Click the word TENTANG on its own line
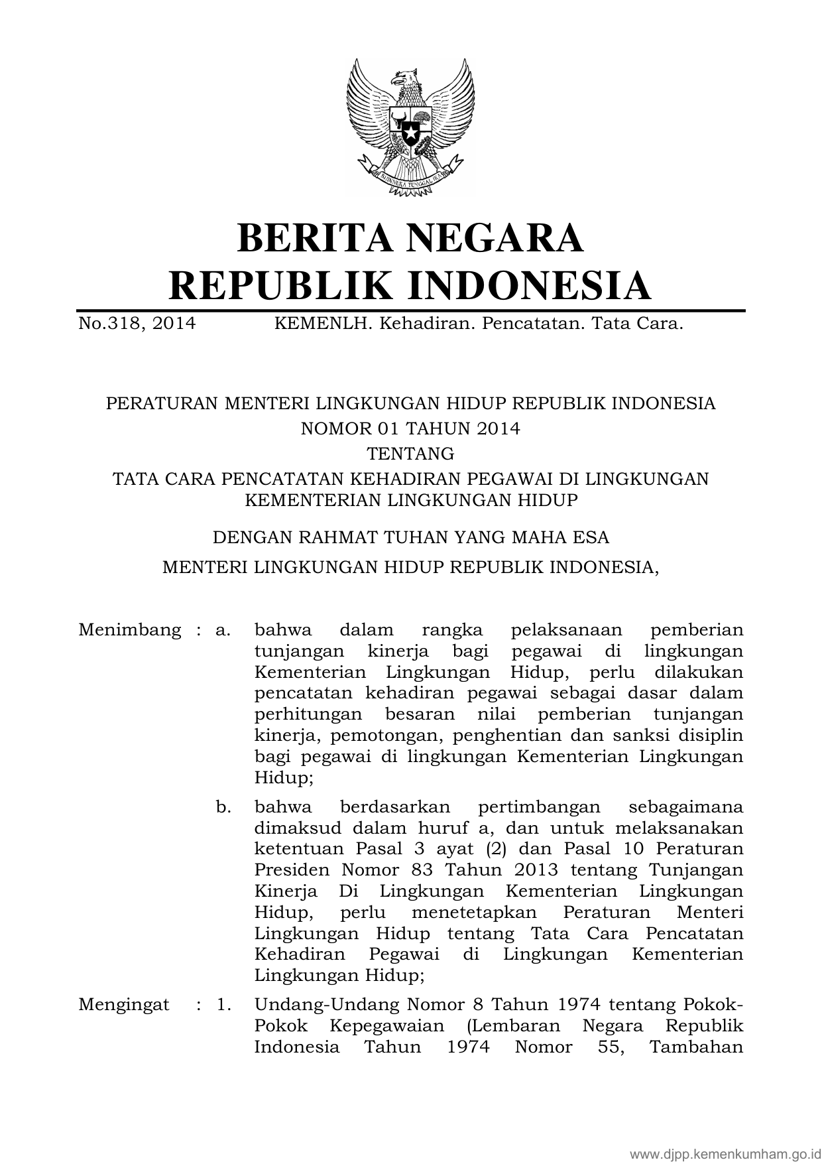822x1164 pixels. tap(410, 454)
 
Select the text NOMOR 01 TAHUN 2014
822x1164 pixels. tap(410, 428)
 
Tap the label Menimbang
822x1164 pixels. tap(129, 629)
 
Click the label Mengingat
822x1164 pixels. tap(124, 1005)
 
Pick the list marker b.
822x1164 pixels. tap(223, 807)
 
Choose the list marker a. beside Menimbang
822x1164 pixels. tap(223, 629)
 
